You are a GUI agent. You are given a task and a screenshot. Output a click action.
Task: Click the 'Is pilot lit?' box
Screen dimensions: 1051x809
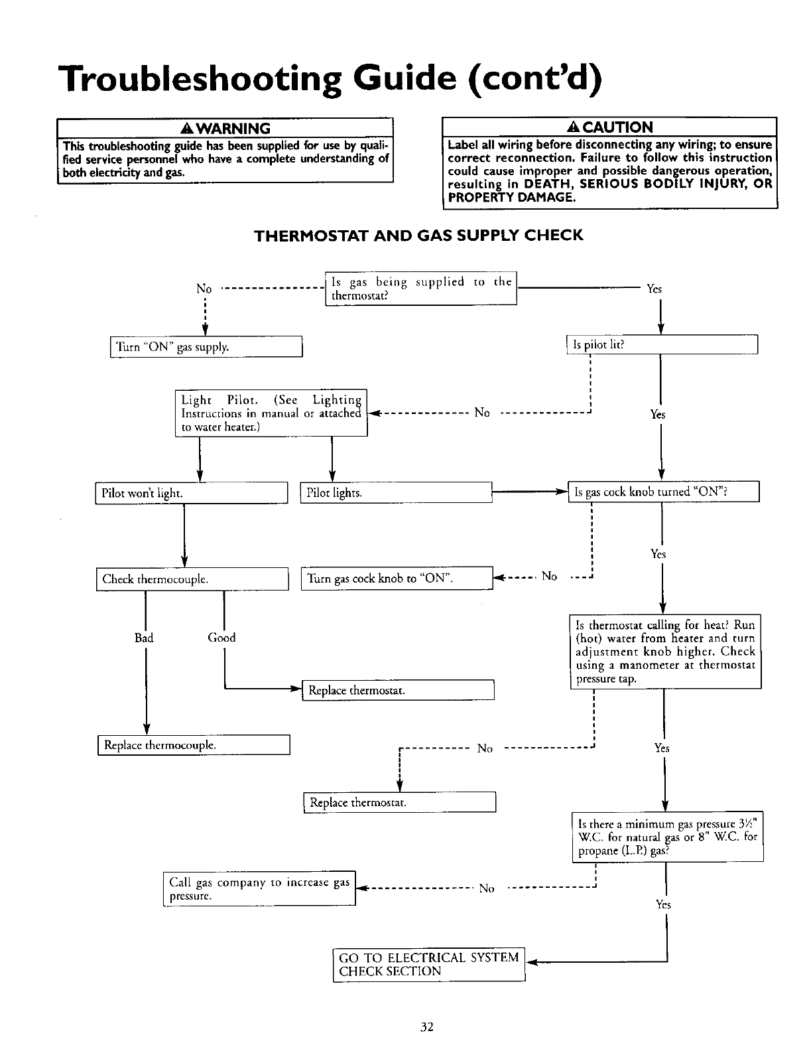tap(661, 346)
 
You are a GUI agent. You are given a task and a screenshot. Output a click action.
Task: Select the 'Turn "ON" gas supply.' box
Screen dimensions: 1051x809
tap(206, 347)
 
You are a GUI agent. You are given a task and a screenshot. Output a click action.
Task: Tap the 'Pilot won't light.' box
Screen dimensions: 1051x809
tap(191, 494)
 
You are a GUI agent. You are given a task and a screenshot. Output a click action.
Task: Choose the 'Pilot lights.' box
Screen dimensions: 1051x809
tap(395, 493)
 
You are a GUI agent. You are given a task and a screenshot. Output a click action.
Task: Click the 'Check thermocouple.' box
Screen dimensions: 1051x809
tap(192, 579)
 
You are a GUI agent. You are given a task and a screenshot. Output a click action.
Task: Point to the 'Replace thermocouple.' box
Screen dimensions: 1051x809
tap(194, 745)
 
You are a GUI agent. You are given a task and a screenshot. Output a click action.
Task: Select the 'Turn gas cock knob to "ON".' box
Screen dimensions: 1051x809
tap(397, 579)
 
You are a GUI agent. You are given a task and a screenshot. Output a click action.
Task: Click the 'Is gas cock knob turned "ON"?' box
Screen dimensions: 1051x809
tap(662, 492)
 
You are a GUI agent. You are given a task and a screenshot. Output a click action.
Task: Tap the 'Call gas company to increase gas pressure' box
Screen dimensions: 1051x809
tap(259, 889)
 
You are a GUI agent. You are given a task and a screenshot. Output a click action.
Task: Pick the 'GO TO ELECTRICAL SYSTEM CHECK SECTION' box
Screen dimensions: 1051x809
tap(428, 965)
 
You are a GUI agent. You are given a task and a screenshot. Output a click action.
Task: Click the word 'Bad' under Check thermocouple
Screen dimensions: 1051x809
tap(144, 638)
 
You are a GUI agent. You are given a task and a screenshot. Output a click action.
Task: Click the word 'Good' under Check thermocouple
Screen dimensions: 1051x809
tap(221, 638)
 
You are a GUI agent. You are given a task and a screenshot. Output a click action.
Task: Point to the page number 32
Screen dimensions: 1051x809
tap(426, 1027)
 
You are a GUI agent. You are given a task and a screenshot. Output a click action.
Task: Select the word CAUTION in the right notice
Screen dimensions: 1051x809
tap(616, 127)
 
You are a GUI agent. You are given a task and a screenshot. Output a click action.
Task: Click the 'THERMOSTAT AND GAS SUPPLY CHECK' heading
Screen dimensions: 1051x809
tap(419, 236)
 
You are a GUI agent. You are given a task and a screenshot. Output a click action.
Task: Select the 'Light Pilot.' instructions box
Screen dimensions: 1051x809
tap(271, 413)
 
